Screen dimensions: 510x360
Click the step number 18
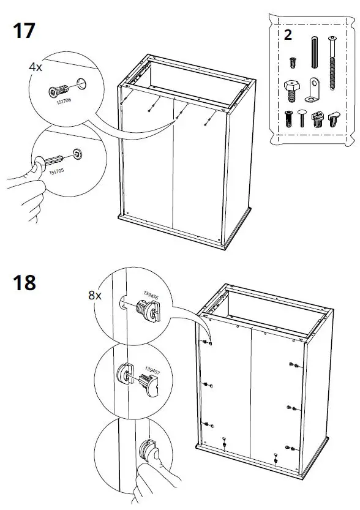(x=24, y=282)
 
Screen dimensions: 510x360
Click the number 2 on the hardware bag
(x=288, y=34)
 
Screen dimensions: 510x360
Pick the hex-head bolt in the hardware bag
(x=291, y=89)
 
